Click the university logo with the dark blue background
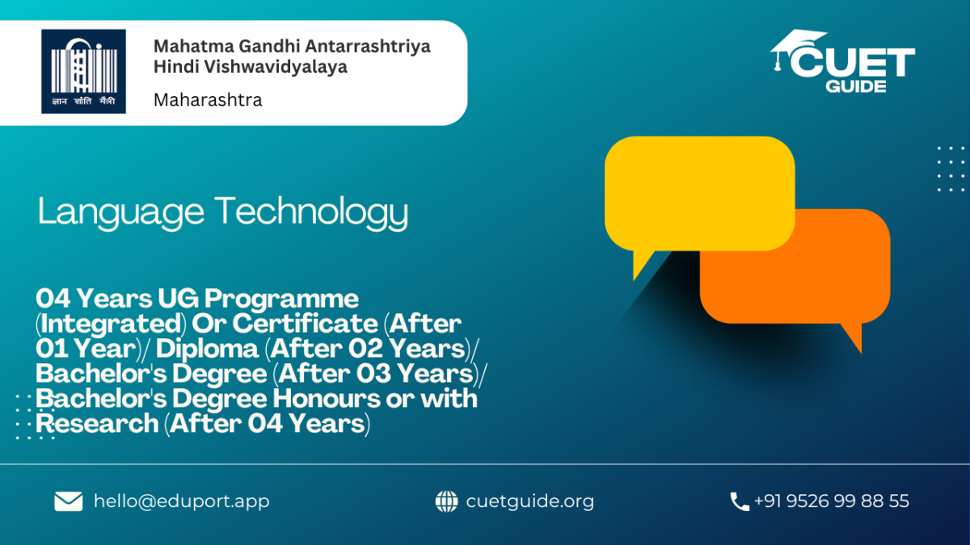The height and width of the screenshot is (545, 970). pos(83,71)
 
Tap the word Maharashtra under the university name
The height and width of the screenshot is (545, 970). pos(208,100)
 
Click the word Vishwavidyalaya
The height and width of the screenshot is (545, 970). pos(276,67)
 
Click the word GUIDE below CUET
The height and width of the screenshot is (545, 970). pos(856,86)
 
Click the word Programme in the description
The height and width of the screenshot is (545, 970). pos(281,300)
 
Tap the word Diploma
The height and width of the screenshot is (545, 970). pos(208,349)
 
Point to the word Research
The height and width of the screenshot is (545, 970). pos(97,423)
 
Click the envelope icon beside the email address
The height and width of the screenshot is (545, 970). pos(69,501)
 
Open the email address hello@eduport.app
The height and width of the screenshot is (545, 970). pos(182,501)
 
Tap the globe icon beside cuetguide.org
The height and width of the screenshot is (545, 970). pos(446,501)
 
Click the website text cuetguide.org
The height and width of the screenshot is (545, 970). pos(530,501)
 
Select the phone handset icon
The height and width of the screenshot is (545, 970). pos(740,501)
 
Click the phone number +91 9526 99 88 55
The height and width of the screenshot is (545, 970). pos(832,501)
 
